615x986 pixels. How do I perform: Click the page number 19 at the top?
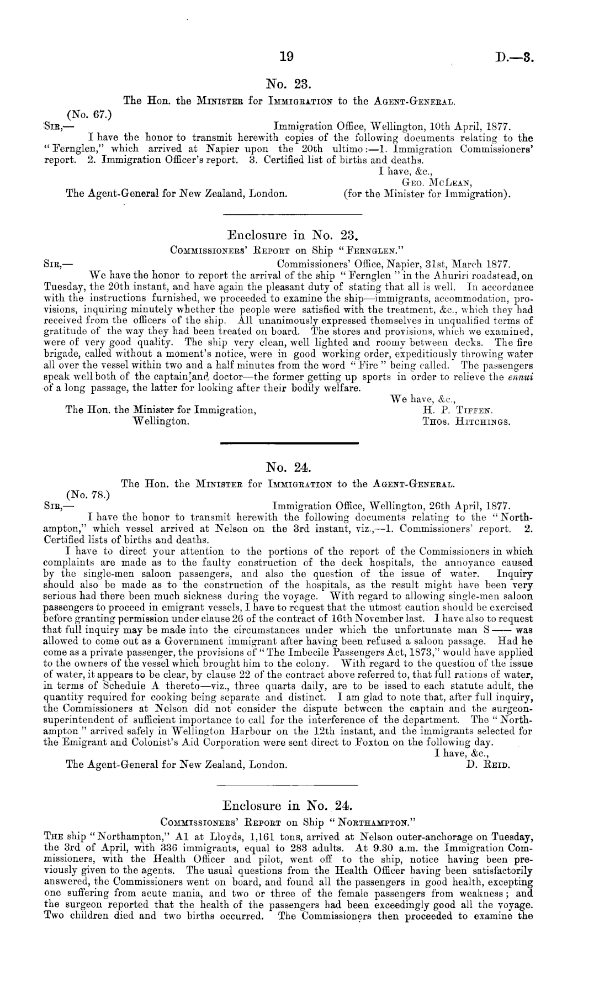click(x=288, y=56)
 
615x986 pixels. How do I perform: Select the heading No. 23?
click(x=289, y=84)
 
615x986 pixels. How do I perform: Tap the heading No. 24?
click(x=289, y=468)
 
